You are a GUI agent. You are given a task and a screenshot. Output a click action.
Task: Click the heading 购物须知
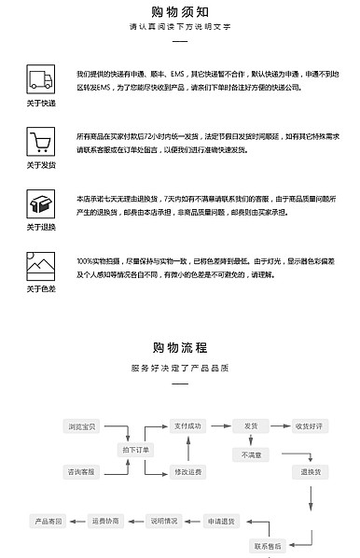[x=180, y=11]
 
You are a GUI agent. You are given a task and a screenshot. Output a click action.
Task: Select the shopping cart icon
[x=40, y=142]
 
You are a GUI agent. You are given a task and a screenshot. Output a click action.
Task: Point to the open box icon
[x=40, y=204]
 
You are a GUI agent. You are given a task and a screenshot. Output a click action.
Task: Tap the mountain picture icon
[x=40, y=267]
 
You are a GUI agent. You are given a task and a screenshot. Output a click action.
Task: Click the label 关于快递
[x=40, y=103]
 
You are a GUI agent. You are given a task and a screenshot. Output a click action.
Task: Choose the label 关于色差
[x=40, y=289]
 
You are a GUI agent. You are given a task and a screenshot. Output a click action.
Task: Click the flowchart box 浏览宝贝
[x=82, y=426]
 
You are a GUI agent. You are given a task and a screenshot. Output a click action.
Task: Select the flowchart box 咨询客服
[x=82, y=472]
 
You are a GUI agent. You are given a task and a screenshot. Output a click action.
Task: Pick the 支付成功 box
[x=187, y=426]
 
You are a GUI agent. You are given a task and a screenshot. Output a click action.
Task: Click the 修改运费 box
[x=187, y=472]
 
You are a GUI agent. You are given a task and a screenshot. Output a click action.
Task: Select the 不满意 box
[x=252, y=454]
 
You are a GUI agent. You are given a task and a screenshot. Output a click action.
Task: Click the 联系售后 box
[x=268, y=545]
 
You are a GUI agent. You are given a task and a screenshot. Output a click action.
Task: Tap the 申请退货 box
[x=222, y=520]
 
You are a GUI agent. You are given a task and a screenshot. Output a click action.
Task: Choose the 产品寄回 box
[x=49, y=520]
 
